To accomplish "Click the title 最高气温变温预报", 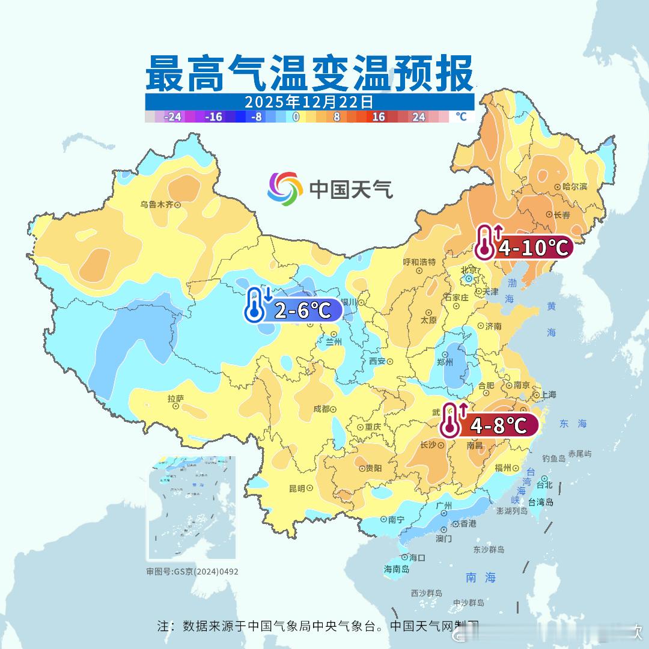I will click(x=309, y=73).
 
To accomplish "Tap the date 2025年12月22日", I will click(x=309, y=102).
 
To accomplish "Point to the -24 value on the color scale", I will click(x=173, y=117).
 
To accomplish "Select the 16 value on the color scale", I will click(x=379, y=117).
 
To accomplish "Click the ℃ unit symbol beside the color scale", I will click(x=461, y=117).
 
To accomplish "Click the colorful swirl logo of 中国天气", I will click(x=284, y=189).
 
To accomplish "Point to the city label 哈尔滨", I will click(x=574, y=187).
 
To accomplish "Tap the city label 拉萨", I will click(x=175, y=398).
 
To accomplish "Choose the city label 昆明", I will click(x=297, y=488).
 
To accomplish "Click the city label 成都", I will click(x=321, y=409).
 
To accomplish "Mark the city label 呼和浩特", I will click(x=419, y=262).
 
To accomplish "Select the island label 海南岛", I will click(x=397, y=569).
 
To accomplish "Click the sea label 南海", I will click(x=481, y=577).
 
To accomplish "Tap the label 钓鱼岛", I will click(x=553, y=459).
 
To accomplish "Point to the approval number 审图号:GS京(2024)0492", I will click(x=192, y=571).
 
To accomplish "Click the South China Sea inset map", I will click(x=192, y=508).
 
